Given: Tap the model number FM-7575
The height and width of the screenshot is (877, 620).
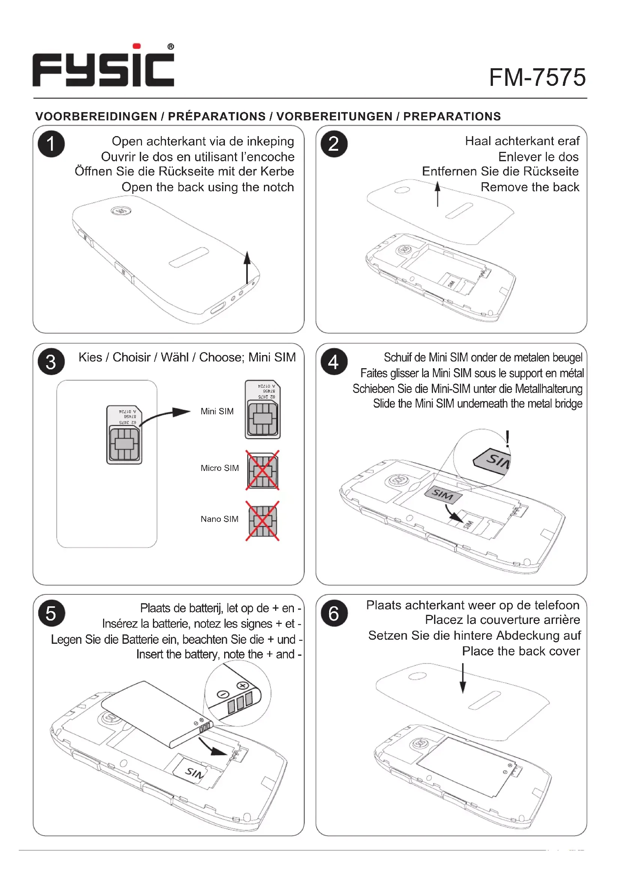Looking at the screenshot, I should pyautogui.click(x=537, y=78).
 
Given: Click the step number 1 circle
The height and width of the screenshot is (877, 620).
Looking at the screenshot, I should pyautogui.click(x=51, y=144).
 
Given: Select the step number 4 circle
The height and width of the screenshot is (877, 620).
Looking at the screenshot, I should pyautogui.click(x=334, y=362).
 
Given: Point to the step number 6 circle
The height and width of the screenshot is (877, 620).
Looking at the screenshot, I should pyautogui.click(x=334, y=613).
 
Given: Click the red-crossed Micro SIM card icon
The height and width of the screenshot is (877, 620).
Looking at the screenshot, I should pyautogui.click(x=262, y=470).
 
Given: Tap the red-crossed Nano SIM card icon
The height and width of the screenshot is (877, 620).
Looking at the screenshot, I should pyautogui.click(x=262, y=521).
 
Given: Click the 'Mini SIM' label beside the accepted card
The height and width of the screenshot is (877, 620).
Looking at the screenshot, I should pyautogui.click(x=217, y=411).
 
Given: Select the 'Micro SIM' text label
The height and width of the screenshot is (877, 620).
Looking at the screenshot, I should pyautogui.click(x=220, y=468).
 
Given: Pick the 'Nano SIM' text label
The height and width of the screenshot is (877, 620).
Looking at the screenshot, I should pyautogui.click(x=220, y=519).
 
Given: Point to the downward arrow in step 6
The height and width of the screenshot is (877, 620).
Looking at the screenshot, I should pyautogui.click(x=463, y=678).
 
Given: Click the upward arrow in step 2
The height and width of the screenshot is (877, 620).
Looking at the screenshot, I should pyautogui.click(x=437, y=194).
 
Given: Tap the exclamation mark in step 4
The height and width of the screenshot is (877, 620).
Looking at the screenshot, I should pyautogui.click(x=508, y=439).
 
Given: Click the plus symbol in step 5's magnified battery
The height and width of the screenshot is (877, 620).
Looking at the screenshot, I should pyautogui.click(x=243, y=686).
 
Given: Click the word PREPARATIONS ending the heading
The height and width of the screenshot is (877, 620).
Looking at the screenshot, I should pyautogui.click(x=452, y=117).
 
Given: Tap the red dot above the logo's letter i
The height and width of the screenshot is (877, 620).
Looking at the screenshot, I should pyautogui.click(x=137, y=46).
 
